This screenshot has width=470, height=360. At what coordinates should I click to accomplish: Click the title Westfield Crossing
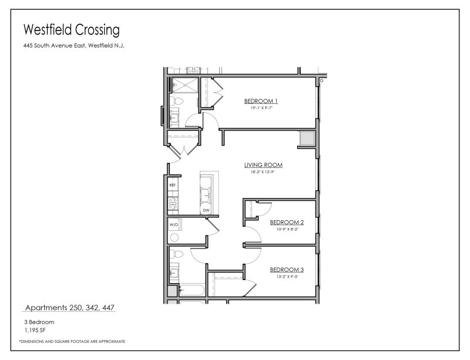[x=71, y=29]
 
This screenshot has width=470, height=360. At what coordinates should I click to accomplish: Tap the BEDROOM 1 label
[x=261, y=101]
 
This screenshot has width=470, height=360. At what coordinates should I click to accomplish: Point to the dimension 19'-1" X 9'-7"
[x=261, y=108]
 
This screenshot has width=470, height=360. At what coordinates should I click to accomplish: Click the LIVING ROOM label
[x=264, y=165]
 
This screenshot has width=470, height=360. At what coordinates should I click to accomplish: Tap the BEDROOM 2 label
[x=287, y=223]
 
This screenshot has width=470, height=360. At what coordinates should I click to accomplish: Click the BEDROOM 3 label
[x=287, y=270]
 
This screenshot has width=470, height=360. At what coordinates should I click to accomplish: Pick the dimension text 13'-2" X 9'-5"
[x=287, y=277]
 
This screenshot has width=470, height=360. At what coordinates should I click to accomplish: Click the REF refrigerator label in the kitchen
[x=173, y=186]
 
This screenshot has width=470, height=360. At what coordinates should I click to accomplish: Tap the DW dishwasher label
[x=206, y=210]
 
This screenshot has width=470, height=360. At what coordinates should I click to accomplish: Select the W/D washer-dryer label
[x=174, y=225]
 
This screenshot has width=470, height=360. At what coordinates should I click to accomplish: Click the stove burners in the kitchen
[x=173, y=204]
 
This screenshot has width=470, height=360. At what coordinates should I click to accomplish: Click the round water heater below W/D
[x=174, y=237]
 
